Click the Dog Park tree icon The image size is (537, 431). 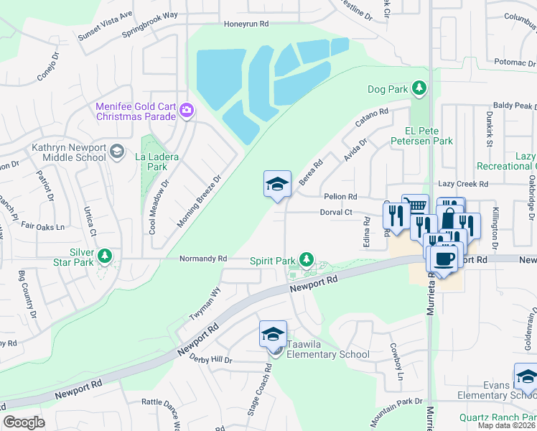(419, 89)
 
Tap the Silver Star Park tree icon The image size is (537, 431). (105, 256)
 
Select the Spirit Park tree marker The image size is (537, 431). (307, 259)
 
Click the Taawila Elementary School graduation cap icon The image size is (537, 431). (273, 335)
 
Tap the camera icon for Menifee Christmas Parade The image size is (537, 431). (187, 109)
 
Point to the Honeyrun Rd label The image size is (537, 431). (246, 24)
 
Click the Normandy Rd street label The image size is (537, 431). (203, 258)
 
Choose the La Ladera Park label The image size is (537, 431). (157, 162)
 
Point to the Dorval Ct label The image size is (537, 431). (336, 212)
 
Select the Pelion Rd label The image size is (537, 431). (340, 196)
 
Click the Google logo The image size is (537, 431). (24, 422)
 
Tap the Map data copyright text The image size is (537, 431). (507, 425)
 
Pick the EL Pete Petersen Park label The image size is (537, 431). (429, 136)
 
